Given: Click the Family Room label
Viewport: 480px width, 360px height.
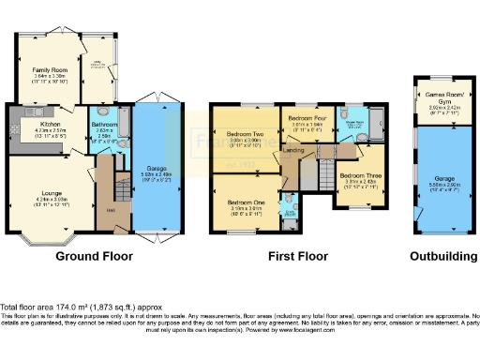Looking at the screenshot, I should pos(48,70).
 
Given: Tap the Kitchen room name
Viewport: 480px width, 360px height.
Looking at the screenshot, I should pos(50,123).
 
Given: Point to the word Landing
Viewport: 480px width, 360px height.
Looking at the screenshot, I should pos(293,150).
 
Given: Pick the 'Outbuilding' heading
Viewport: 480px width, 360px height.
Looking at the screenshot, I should pos(437,255).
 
